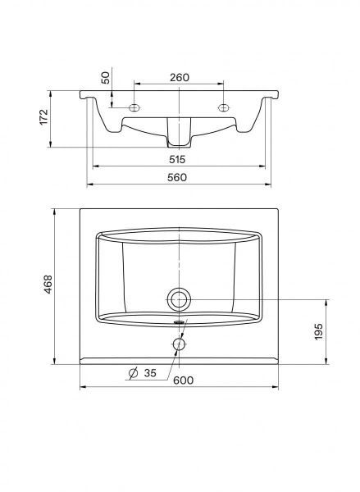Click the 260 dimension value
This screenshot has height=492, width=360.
click(180, 77)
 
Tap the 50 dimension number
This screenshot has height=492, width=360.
click(107, 78)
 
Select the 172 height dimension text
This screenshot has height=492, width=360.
click(44, 117)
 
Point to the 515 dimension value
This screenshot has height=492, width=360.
click(177, 159)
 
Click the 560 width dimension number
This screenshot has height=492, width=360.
click(177, 178)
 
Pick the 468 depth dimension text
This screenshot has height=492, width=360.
click(48, 285)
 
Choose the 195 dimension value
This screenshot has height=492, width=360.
click(318, 331)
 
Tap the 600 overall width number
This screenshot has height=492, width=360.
click(184, 380)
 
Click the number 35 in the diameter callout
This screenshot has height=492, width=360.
click(150, 373)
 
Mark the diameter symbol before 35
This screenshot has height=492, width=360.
click(134, 373)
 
